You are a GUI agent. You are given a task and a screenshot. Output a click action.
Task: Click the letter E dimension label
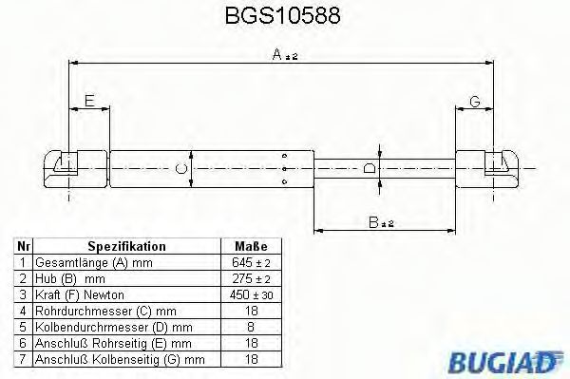point(88,100)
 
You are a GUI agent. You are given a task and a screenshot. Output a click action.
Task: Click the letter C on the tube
point(181,171)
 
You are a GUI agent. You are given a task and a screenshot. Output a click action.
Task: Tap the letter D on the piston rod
point(371,168)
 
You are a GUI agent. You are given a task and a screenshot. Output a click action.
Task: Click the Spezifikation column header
point(126,245)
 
